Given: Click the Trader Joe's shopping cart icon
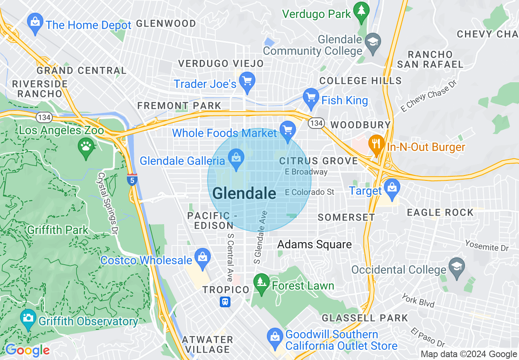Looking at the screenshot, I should coord(247,81).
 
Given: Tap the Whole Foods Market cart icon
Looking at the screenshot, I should coord(288,130).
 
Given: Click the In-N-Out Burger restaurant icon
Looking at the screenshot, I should coord(375,144).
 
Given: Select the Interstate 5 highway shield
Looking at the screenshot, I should coord(132,180).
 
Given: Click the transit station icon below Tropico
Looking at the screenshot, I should coord(225,302).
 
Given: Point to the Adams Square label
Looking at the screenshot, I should coord(314,245).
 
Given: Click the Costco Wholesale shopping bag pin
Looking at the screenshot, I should coord(202,257).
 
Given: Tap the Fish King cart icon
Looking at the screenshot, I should coord(311,97).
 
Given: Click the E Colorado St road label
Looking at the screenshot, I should coord(309,192).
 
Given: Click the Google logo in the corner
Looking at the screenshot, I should coord(27,350).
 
